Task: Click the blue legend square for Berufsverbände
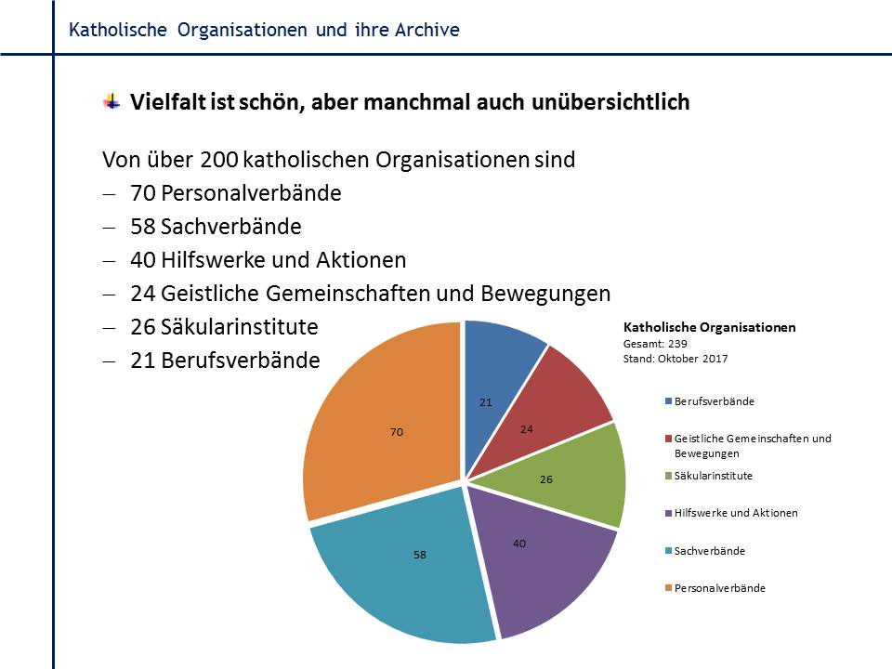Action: click(x=668, y=401)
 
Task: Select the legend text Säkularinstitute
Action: click(x=714, y=476)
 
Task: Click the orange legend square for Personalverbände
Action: click(x=668, y=588)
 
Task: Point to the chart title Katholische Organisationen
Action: click(x=709, y=328)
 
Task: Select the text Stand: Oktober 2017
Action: click(x=676, y=357)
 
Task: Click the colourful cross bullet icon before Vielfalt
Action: click(x=111, y=101)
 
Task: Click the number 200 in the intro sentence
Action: click(x=218, y=159)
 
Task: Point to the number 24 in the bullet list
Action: click(x=142, y=294)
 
